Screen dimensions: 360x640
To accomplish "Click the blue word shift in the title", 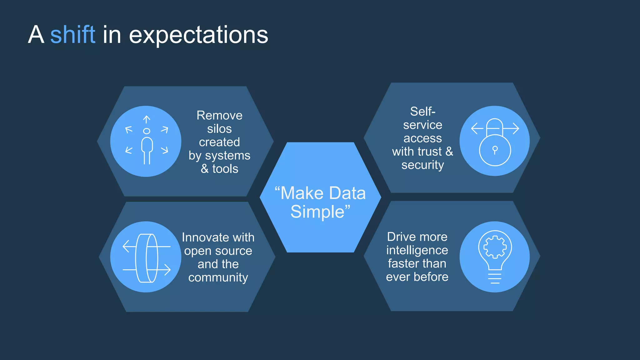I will tap(72, 35).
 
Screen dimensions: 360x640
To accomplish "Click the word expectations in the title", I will tap(198, 35).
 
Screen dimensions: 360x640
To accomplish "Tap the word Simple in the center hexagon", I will tap(317, 212).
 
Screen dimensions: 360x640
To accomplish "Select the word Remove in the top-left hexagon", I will tap(219, 115).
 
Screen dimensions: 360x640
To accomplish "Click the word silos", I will tap(219, 129).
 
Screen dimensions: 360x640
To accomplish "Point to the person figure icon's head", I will tap(147, 131).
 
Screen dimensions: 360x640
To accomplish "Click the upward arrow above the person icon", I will tap(147, 119).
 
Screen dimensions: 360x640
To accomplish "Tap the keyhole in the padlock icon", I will tap(495, 150).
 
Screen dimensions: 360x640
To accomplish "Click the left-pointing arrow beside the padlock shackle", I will tap(477, 128).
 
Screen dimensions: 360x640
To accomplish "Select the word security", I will tap(422, 165).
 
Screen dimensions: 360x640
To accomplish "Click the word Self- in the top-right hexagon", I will tap(422, 111).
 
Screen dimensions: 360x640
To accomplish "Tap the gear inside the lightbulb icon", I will tap(495, 247).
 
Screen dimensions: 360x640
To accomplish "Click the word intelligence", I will tap(417, 250).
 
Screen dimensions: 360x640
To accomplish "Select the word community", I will tap(218, 277).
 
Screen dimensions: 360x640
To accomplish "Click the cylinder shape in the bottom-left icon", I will tap(147, 258).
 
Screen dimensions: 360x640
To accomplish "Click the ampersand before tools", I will tap(204, 169).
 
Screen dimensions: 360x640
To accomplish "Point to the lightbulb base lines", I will tap(495, 278).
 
